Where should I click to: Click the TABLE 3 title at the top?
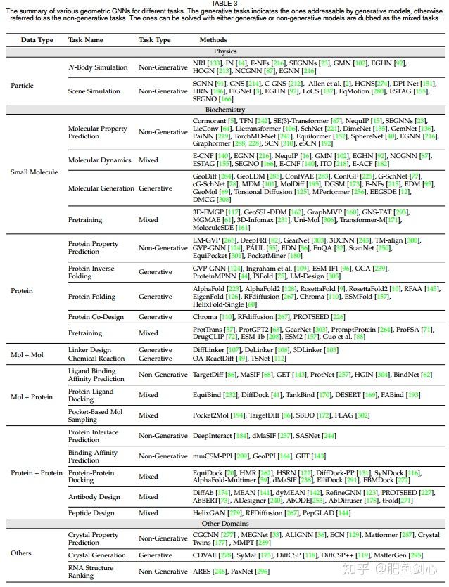pyautogui.click(x=224, y=4)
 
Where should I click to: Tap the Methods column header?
pyautogui.click(x=213, y=40)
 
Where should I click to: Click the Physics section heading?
pyautogui.click(x=224, y=51)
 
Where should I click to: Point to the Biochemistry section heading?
pyautogui.click(x=224, y=110)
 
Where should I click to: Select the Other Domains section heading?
pyautogui.click(x=224, y=524)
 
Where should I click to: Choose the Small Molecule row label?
pyautogui.click(x=33, y=172)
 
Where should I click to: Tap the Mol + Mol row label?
pyautogui.click(x=29, y=354)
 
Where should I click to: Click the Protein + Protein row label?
pyautogui.click(x=37, y=473)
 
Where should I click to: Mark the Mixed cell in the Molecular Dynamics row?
pyautogui.click(x=148, y=160)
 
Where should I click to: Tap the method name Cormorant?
pyautogui.click(x=210, y=121)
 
